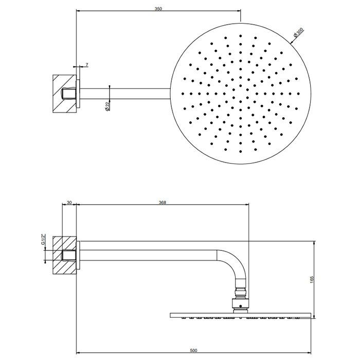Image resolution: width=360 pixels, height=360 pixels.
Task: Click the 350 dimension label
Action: [x=158, y=9]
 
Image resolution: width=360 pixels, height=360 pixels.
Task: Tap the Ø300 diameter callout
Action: [x=298, y=32]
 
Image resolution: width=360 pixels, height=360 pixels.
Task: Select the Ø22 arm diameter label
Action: [x=107, y=106]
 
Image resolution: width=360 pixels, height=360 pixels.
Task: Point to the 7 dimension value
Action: [x=87, y=65]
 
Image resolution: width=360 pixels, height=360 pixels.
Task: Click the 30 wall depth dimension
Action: [x=69, y=202]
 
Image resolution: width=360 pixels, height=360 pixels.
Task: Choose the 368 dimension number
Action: [x=163, y=202]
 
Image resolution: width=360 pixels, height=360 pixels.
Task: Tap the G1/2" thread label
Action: [x=43, y=240]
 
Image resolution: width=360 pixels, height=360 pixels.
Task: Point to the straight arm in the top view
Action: [x=125, y=94]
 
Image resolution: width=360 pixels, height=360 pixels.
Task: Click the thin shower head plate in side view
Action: [x=240, y=315]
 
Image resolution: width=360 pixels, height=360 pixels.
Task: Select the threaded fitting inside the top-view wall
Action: [x=69, y=94]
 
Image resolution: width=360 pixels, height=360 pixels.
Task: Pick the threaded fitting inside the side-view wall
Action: [x=69, y=255]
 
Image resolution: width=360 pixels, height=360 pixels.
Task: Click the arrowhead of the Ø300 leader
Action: [x=292, y=42]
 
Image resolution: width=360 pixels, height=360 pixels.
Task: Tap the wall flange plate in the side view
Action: [x=78, y=255]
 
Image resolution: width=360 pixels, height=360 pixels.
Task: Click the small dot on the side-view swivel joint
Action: [x=240, y=306]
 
